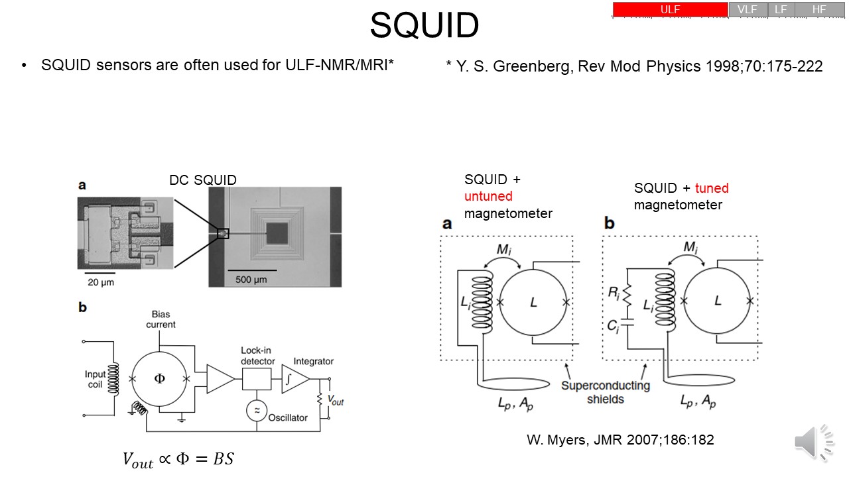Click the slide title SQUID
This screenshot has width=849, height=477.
424,26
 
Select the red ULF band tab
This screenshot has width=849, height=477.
670,9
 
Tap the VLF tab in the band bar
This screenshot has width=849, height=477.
748,9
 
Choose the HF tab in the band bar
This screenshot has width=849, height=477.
819,9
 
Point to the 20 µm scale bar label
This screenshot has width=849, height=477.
100,281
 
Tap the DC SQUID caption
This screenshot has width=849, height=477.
203,180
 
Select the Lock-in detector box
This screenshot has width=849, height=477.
257,379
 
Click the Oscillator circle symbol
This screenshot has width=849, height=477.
256,411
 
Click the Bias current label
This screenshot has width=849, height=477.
161,319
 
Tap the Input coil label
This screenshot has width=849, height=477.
96,379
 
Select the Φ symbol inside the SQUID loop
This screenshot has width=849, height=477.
159,379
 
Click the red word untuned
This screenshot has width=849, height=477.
489,196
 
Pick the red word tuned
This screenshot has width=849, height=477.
712,188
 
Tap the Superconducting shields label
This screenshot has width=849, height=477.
606,392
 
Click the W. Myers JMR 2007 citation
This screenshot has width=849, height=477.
620,440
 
